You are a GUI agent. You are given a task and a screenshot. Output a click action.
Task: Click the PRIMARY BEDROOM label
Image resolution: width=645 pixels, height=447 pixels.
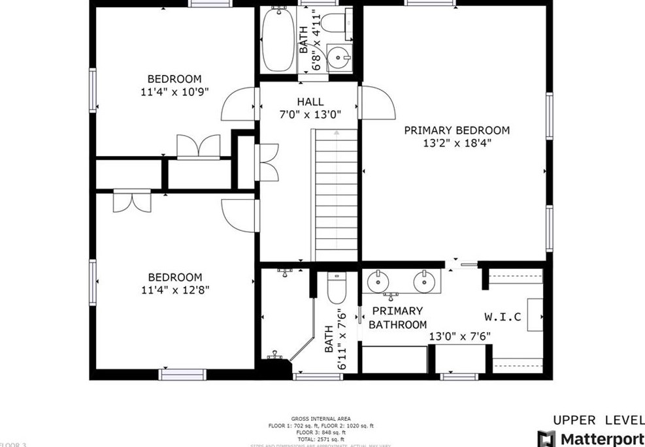click(456, 130)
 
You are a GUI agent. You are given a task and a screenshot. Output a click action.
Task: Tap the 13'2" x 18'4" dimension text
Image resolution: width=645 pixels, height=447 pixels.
click(456, 144)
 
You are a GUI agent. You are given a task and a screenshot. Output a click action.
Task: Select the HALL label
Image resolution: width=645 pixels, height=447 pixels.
click(310, 102)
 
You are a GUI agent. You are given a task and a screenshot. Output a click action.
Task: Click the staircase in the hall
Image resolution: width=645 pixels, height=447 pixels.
click(336, 196)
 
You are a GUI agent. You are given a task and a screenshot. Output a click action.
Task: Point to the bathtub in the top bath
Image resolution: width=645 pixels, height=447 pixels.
click(279, 39)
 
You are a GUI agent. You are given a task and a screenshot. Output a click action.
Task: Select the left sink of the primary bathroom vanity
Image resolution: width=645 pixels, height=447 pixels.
click(378, 282)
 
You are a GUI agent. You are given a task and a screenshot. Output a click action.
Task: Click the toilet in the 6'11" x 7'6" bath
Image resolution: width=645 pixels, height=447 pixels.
click(336, 288)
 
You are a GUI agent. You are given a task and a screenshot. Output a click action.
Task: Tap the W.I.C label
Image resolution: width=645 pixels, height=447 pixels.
click(503, 317)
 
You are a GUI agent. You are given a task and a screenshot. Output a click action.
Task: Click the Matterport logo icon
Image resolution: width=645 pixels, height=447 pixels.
click(546, 439)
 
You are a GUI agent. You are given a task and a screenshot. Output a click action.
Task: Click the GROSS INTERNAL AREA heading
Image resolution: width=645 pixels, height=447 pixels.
click(320, 418)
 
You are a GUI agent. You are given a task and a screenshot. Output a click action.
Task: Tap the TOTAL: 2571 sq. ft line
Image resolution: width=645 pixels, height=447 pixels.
click(320, 439)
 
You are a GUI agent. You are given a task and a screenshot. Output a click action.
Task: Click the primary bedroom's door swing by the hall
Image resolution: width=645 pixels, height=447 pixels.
click(377, 102)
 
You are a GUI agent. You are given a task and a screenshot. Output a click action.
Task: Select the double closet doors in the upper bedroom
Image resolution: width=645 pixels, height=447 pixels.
click(198, 146)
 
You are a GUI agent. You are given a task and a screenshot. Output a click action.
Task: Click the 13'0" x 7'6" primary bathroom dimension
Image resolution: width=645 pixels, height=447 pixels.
click(459, 337)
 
